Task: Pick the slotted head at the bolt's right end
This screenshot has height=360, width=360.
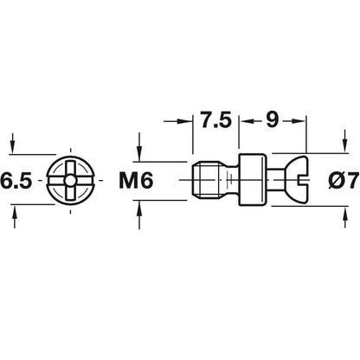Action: tap(295, 181)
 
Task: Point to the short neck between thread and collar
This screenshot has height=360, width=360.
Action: tap(227, 181)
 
